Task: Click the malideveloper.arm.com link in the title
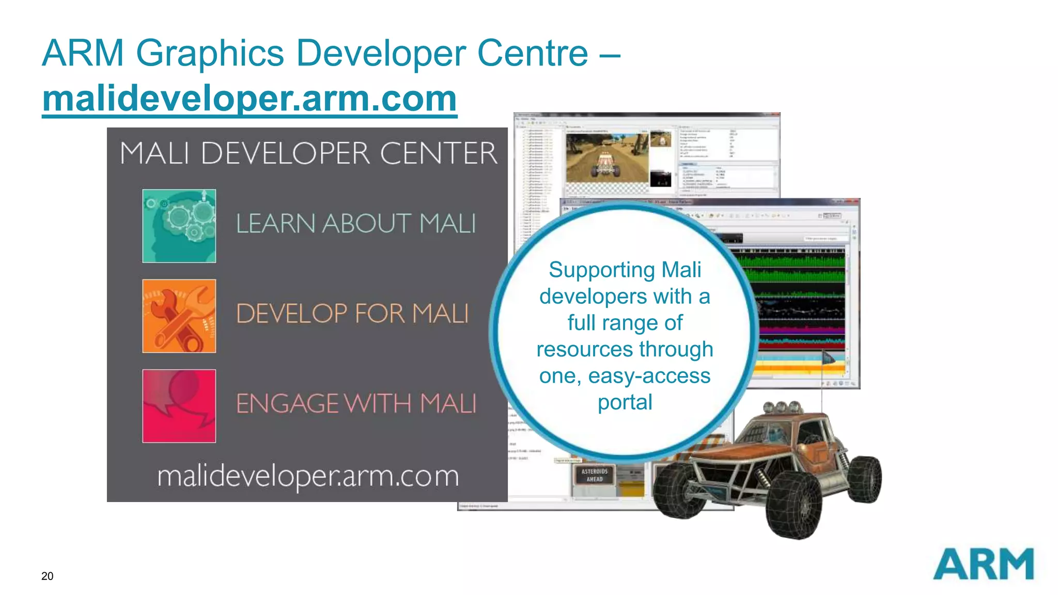point(250,99)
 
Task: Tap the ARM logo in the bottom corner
point(983,564)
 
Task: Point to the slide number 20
point(47,576)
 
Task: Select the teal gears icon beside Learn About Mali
point(179,226)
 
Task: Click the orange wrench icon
point(179,316)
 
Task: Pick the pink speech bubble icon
point(179,406)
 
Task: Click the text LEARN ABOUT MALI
point(356,224)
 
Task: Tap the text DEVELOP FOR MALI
point(352,314)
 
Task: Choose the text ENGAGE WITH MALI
point(356,403)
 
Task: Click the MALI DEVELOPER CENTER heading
point(308,153)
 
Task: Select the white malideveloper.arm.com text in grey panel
point(308,476)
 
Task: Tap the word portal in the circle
point(625,402)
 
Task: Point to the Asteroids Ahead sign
point(595,475)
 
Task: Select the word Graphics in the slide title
point(210,53)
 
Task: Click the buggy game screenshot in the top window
point(607,158)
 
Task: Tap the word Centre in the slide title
point(533,53)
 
